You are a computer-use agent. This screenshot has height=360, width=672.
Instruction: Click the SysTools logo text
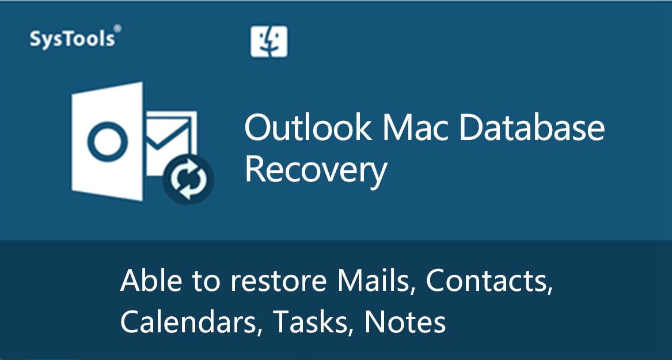(x=73, y=39)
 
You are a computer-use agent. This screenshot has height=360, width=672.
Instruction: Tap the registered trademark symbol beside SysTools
(x=117, y=28)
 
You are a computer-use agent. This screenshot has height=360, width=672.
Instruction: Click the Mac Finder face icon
(x=269, y=41)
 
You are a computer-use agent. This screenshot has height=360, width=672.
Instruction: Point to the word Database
(x=531, y=128)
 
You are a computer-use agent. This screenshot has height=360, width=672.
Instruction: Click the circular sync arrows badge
(x=188, y=180)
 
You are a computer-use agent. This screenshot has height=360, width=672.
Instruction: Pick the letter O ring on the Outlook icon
(x=108, y=142)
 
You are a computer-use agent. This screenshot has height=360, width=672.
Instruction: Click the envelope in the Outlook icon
(x=171, y=137)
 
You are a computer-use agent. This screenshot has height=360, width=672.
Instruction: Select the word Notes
(x=405, y=322)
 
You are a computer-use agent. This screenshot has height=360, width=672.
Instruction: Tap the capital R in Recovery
(x=254, y=170)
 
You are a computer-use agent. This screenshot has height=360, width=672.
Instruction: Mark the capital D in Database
(x=470, y=128)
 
